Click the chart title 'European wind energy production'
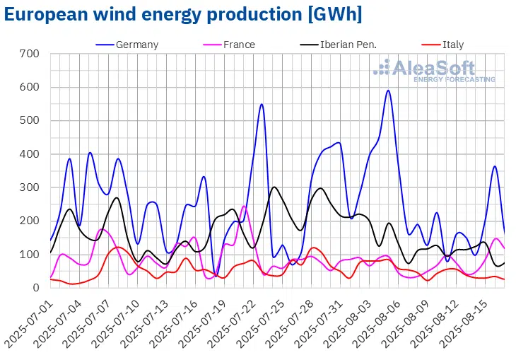click(182, 14)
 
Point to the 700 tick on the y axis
click(30, 54)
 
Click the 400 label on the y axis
click(30, 154)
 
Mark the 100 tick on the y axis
click(30, 255)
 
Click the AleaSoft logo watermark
click(434, 71)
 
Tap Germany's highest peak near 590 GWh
click(388, 91)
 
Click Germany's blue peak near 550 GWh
click(262, 105)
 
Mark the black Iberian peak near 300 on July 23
click(274, 187)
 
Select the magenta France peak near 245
click(244, 206)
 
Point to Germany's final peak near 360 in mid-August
click(495, 166)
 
